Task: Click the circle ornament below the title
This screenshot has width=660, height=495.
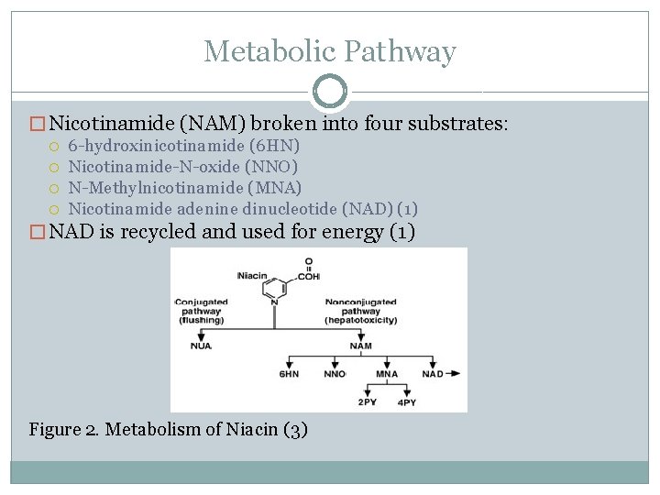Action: click(329, 92)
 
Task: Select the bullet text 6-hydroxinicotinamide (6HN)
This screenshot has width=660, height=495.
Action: click(184, 146)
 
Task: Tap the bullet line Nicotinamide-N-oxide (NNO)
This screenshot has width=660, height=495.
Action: click(183, 167)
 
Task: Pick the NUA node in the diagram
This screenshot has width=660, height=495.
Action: click(200, 346)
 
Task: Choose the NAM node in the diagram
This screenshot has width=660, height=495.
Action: click(360, 346)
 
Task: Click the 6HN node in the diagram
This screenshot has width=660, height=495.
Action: click(289, 375)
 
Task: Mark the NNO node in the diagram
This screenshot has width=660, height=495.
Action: click(335, 375)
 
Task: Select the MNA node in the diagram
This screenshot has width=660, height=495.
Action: click(387, 375)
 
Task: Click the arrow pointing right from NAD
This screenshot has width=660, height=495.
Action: click(451, 374)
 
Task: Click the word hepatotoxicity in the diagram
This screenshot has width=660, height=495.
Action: click(361, 321)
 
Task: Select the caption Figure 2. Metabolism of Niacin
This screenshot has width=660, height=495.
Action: click(168, 428)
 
